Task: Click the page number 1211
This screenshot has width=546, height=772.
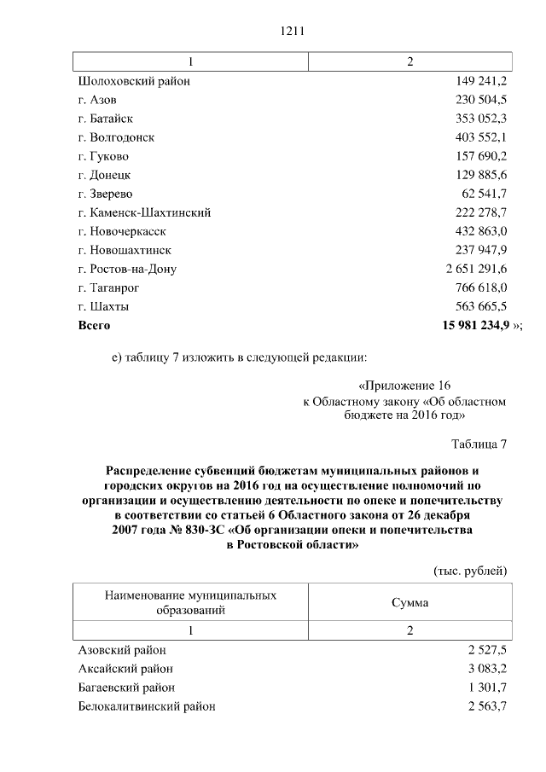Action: pos(292,32)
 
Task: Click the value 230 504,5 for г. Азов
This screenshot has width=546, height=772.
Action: pos(479,100)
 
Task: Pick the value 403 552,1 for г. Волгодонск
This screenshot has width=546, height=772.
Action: pos(479,137)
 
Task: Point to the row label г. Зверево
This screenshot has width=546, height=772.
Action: pos(105,194)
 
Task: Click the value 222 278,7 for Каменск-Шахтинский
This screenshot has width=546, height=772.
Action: pos(479,212)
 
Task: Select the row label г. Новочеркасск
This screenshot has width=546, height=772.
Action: pos(121,231)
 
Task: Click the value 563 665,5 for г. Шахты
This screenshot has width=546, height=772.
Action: pos(479,306)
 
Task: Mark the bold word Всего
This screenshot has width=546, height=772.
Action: pos(94,325)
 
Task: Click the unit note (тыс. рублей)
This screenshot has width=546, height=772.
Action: pos(471,571)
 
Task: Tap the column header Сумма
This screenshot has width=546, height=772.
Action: pos(410,602)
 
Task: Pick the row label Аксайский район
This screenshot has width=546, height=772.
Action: pos(125,669)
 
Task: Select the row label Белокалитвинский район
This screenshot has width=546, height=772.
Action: pos(147,706)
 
